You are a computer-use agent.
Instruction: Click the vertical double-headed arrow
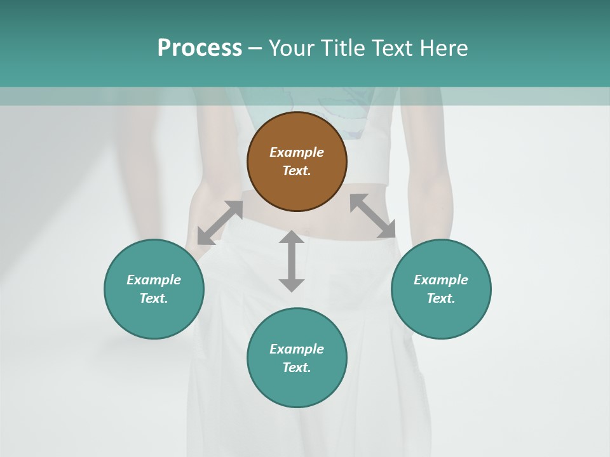(x=292, y=261)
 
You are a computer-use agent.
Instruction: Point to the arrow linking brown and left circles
(x=220, y=223)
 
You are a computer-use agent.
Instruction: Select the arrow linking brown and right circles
(x=373, y=216)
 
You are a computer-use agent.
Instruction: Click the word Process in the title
(x=200, y=48)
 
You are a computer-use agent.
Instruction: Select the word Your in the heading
(x=291, y=48)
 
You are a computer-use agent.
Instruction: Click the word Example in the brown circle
(x=297, y=152)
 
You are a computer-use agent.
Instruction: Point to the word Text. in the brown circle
(x=297, y=171)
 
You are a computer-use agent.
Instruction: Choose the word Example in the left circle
(x=154, y=280)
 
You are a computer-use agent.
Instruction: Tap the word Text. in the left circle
(x=154, y=298)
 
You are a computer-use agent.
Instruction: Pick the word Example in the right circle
(x=441, y=280)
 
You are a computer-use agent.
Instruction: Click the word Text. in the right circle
(x=441, y=298)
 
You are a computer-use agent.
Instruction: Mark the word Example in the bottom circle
(x=297, y=349)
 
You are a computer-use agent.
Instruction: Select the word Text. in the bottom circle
(x=297, y=368)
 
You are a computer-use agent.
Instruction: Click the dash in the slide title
(x=255, y=48)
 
